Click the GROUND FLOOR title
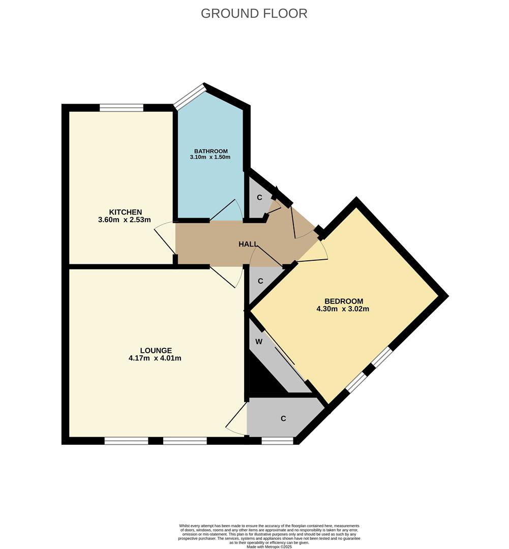click(254, 13)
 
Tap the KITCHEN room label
click(126, 212)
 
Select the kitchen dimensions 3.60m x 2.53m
click(125, 220)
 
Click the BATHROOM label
click(211, 151)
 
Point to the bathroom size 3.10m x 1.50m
click(210, 157)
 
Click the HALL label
click(248, 244)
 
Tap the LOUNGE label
click(156, 350)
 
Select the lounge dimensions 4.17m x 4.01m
click(155, 358)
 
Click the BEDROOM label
click(344, 301)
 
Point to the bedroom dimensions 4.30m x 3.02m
click(343, 309)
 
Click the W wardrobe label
click(259, 342)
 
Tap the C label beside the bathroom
click(259, 197)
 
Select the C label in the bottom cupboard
click(283, 418)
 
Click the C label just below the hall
click(260, 281)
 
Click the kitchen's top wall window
click(122, 107)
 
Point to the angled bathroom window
click(190, 96)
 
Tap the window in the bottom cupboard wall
click(278, 441)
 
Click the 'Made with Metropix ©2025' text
click(269, 546)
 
